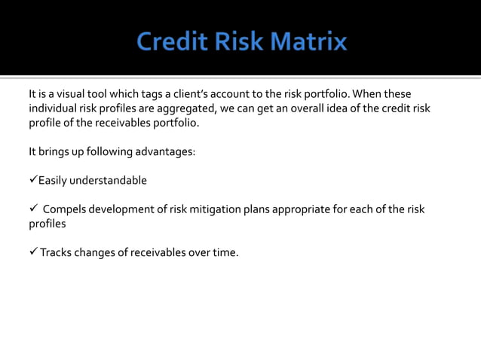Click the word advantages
[x=165, y=151]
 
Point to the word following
[x=105, y=151]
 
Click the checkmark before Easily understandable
[x=33, y=180]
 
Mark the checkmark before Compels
[x=33, y=209]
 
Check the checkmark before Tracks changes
[x=33, y=252]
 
